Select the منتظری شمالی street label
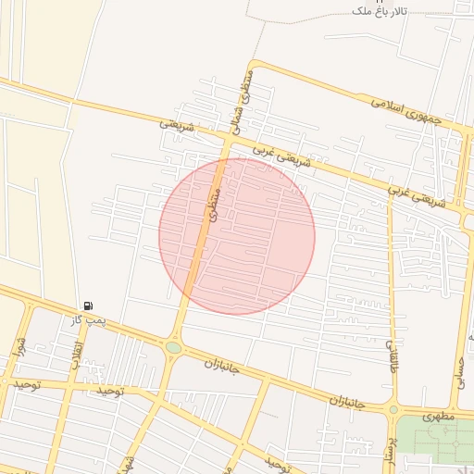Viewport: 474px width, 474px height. pos(240,99)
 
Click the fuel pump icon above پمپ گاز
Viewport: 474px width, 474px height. pos(88,306)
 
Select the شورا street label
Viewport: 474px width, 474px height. pos(18,347)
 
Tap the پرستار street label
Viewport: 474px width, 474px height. pos(390,443)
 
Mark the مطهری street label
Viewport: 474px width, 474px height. pos(439,417)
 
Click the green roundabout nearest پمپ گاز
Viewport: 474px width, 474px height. pos(173,347)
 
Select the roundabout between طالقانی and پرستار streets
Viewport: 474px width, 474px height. pos(393,408)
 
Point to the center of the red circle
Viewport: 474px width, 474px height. pos(237,236)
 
